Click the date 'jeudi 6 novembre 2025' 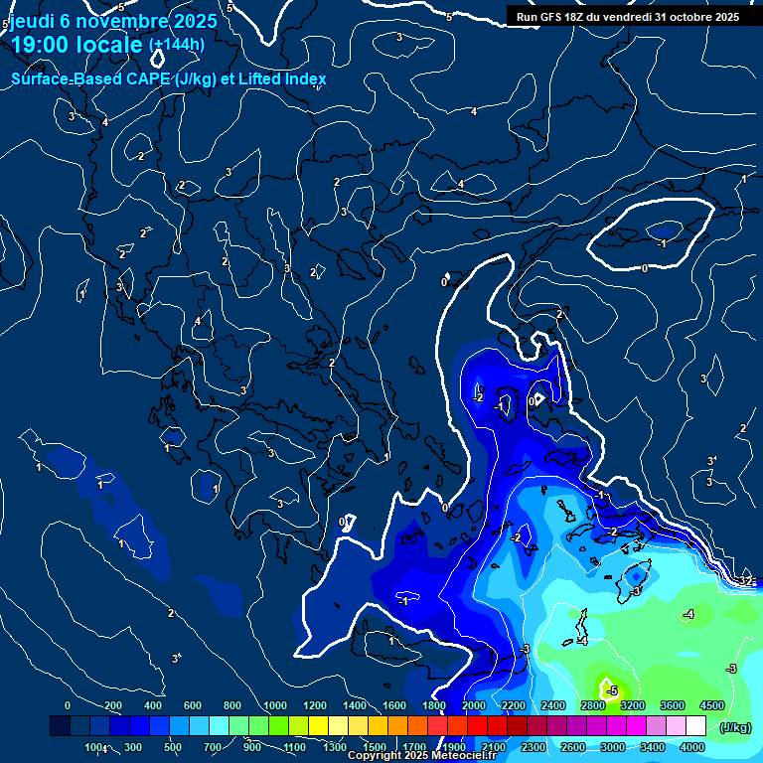pos(113,21)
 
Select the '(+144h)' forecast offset pos(177,44)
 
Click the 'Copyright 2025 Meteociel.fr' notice pos(421,756)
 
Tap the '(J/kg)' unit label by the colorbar pos(735,727)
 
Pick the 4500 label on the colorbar pos(711,705)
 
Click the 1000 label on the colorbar pos(274,705)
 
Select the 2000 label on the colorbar pos(473,705)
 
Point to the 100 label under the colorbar pos(94,747)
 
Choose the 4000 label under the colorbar pos(691,747)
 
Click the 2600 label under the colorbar pos(572,747)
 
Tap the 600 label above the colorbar pos(193,705)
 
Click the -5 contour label pos(612,690)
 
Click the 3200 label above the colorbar pos(631,705)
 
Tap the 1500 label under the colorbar pos(374,747)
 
